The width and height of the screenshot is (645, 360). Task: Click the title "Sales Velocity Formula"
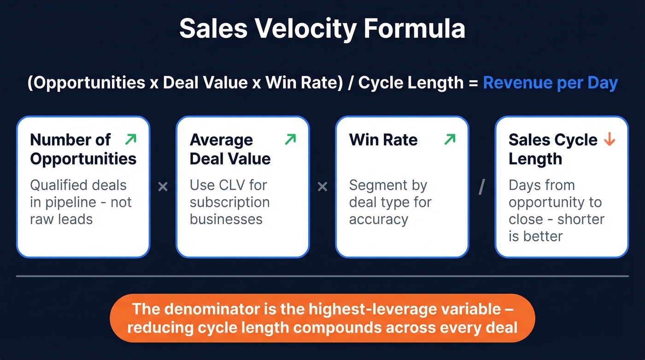coord(322,29)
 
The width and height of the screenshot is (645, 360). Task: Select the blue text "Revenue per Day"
coord(550,83)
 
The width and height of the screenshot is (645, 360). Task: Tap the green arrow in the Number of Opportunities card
coord(131,139)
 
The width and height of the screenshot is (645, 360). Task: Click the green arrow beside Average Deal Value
coord(290,139)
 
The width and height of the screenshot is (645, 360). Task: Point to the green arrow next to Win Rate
coord(450,139)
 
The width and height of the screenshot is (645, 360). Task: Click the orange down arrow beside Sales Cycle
coord(610,139)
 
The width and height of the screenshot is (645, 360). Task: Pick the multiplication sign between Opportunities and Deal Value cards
coord(163,187)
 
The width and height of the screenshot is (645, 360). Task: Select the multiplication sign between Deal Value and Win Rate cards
coord(322,187)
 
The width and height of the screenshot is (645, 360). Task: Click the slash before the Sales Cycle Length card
coord(482,187)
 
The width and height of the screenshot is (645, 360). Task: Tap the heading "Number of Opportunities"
coord(83,149)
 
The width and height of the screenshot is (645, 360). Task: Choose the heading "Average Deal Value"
coord(230,149)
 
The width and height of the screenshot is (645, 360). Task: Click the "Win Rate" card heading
coord(383,140)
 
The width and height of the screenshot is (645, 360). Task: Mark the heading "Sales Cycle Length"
coord(552,149)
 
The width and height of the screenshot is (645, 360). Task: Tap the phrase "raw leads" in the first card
coord(61,219)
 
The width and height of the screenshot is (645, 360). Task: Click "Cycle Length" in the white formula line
coord(411,83)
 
